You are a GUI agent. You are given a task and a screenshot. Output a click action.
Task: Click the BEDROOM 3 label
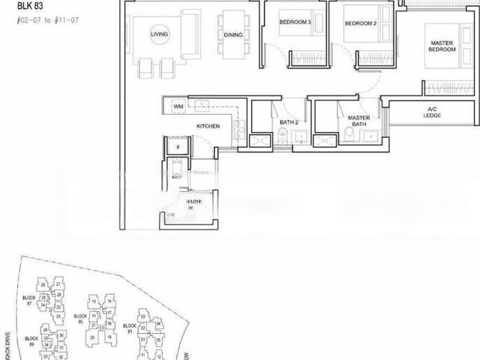tap(295, 22)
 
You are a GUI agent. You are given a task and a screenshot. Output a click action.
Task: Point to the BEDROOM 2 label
tap(359, 22)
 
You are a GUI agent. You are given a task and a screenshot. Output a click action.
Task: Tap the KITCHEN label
tap(208, 126)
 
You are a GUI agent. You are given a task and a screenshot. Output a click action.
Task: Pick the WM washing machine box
tap(178, 107)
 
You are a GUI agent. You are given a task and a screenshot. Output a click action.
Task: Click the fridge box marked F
tap(177, 148)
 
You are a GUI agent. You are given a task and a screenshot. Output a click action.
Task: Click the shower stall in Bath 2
tap(262, 140)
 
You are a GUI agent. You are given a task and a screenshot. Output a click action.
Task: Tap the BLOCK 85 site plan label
tap(80, 319)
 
